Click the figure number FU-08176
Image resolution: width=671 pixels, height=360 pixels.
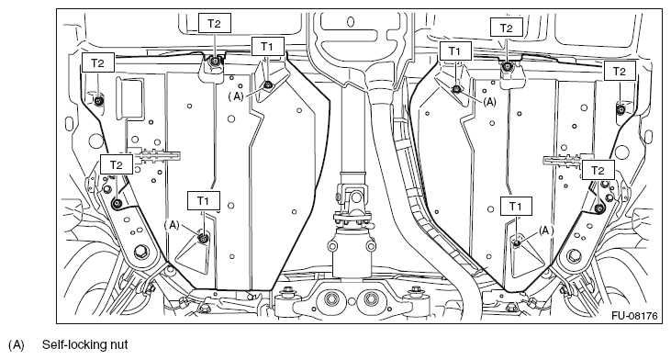(634, 316)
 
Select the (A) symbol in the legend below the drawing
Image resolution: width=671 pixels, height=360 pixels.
(16, 345)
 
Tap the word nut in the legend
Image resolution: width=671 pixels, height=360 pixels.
(118, 345)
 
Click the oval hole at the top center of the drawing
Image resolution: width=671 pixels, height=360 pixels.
(351, 21)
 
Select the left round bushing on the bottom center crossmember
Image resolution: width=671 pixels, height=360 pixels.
(331, 298)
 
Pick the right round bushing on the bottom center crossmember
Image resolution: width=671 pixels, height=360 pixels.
(371, 298)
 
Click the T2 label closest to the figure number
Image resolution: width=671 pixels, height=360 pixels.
(598, 171)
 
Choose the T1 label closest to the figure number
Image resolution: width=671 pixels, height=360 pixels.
(515, 207)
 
